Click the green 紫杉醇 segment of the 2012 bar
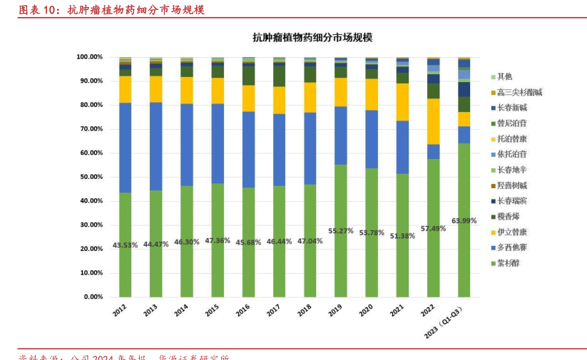pos(125,264)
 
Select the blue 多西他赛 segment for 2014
pos(187,145)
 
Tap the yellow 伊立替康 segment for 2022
pos(433,121)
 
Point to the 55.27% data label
pos(341,231)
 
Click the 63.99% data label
pos(464,220)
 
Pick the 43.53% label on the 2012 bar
pos(125,245)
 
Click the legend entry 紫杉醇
pos(508,263)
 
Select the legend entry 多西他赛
pos(511,247)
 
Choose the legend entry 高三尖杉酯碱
pos(519,92)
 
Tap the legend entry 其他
pos(504,76)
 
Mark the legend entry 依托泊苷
pos(511,154)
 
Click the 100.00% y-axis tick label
pos(89,56)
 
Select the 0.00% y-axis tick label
pos(93,297)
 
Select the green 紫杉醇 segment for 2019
pos(341,257)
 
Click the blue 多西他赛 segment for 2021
pos(402,147)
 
